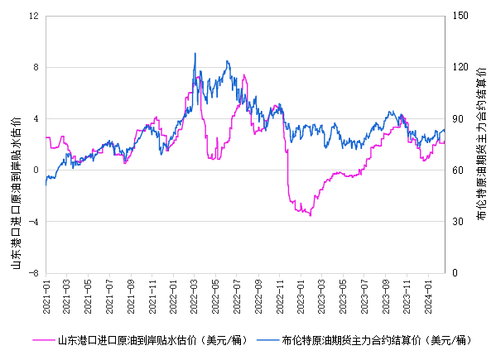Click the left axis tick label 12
[34, 16]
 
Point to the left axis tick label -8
[34, 273]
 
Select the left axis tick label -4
[34, 222]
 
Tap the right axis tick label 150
[460, 16]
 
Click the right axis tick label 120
[460, 67]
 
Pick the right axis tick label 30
[457, 222]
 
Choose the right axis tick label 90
[457, 119]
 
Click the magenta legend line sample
[44, 340]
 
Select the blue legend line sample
[267, 340]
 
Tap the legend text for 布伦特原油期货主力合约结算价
[351, 340]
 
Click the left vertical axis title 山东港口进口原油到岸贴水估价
[16, 193]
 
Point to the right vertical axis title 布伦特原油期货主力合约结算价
[481, 143]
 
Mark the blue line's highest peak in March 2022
[195, 53]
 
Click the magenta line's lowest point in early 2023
[311, 216]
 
